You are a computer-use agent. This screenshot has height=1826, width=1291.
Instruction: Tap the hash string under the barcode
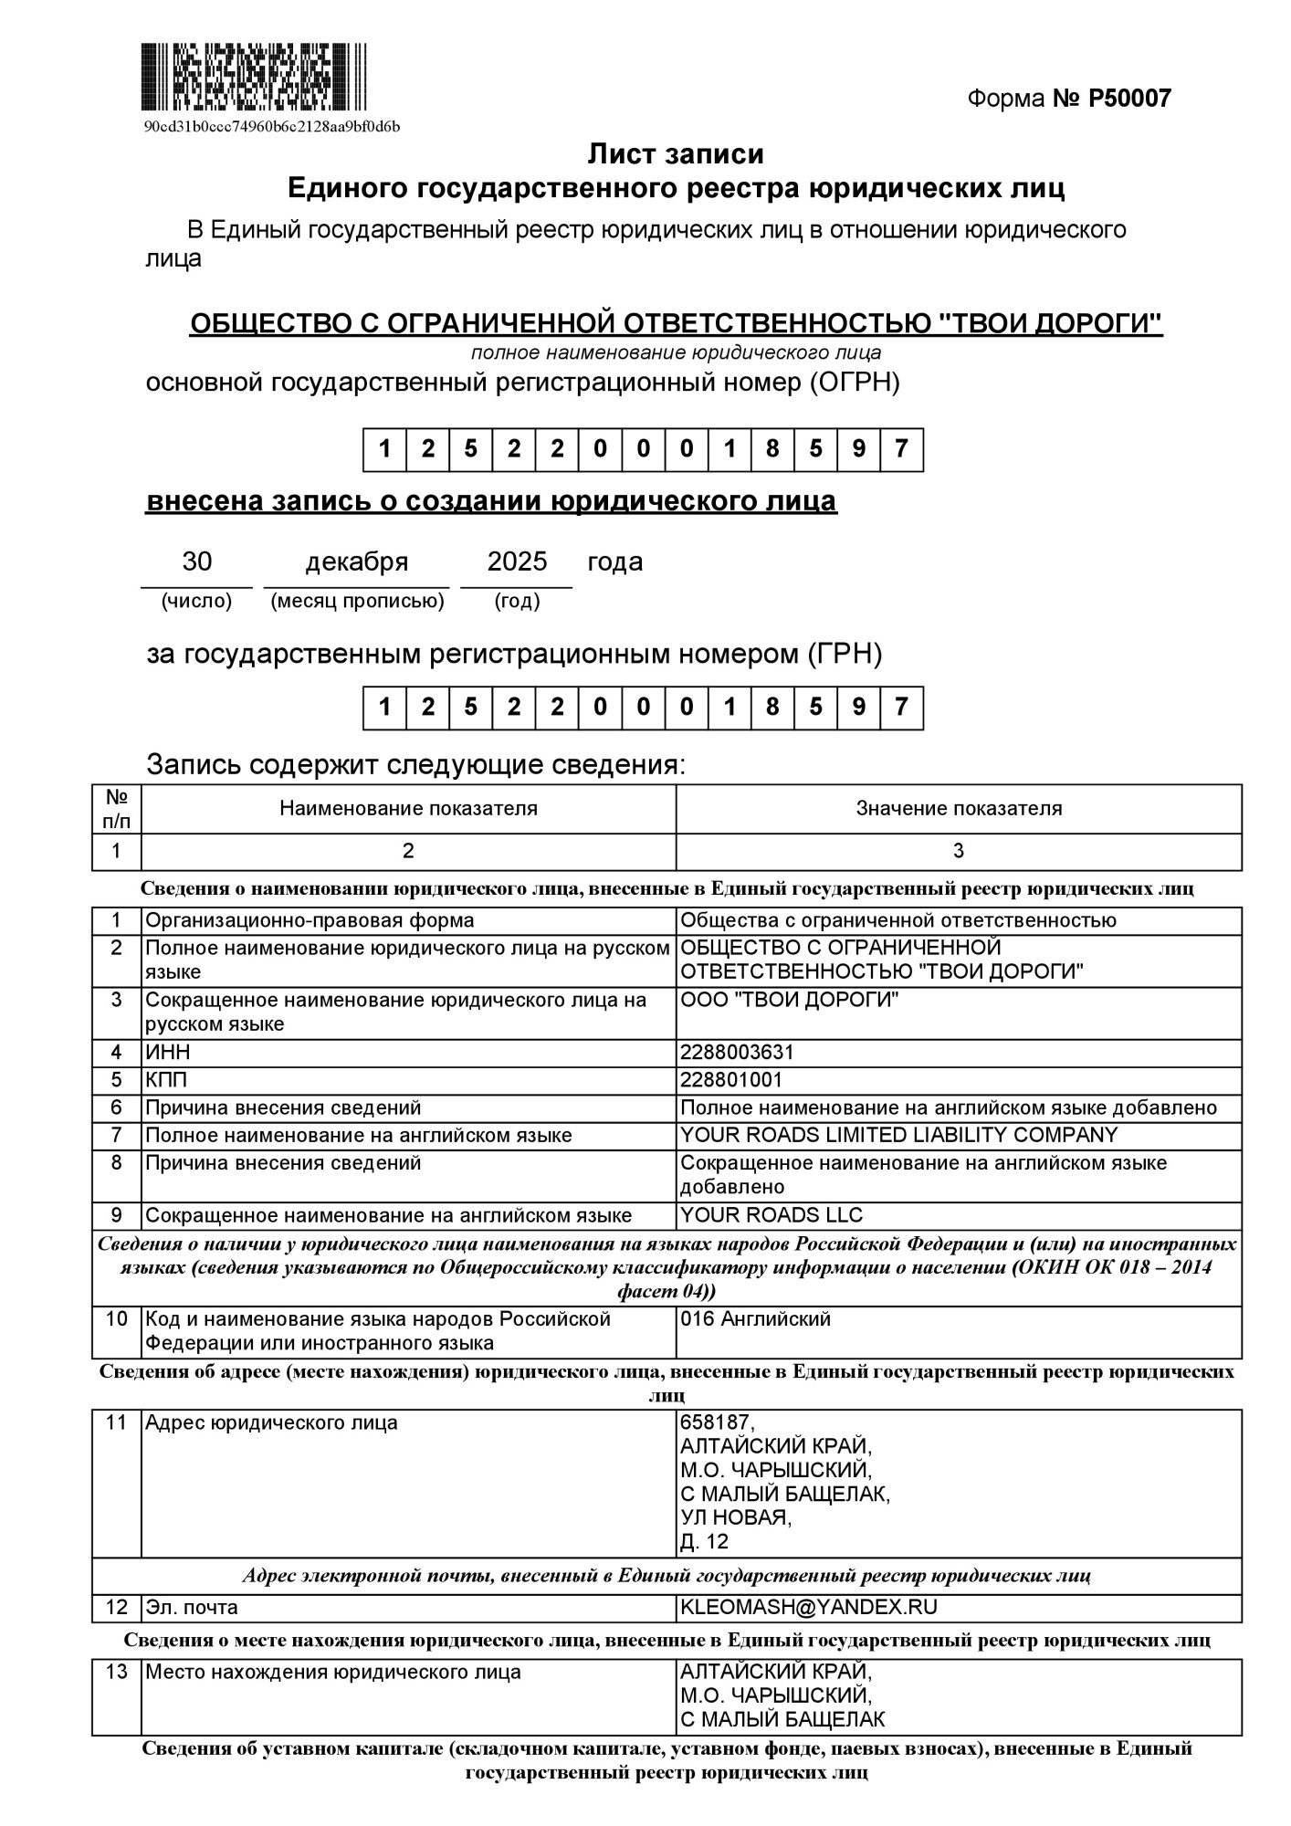272,126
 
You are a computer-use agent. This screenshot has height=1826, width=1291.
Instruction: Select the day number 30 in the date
196,561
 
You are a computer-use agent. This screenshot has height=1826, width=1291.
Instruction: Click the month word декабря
356,561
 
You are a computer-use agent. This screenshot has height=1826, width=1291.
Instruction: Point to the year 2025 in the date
517,561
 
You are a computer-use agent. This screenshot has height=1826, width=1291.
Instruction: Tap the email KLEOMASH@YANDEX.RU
809,1607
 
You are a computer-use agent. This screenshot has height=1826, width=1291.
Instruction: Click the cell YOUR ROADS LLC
771,1215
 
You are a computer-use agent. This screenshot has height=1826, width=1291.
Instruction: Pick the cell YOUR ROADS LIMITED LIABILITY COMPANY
898,1135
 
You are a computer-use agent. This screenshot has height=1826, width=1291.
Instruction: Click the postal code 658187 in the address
718,1422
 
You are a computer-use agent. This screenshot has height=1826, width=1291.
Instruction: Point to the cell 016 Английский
755,1318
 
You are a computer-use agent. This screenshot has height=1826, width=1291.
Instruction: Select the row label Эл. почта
192,1607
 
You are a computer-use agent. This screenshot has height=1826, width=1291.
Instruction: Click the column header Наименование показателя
408,808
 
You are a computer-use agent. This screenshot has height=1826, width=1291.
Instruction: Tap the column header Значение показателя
959,808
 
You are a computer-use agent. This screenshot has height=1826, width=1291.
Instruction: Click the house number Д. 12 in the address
704,1542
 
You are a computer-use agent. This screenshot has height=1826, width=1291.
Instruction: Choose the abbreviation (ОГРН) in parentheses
854,383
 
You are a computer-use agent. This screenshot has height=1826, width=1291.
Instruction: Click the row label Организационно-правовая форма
310,920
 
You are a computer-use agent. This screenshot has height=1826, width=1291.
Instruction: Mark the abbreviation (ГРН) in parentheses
845,654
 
